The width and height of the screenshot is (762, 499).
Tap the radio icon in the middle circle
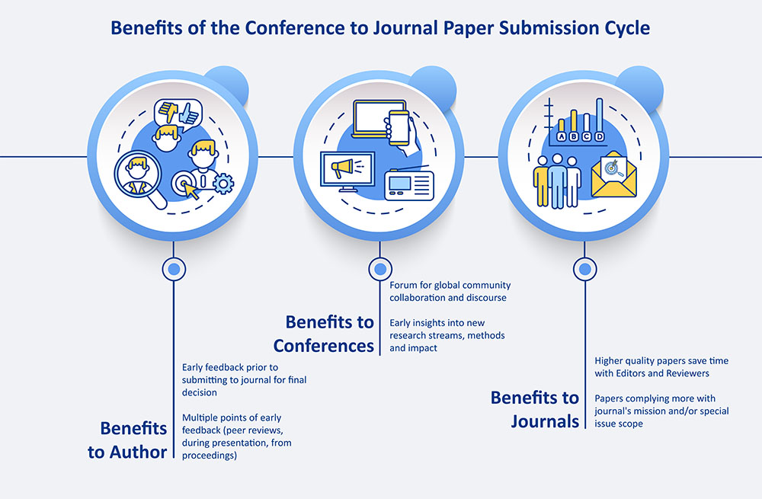pos(409,184)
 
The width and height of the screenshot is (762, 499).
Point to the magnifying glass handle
pos(157,200)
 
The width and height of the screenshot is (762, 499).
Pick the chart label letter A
pos(562,137)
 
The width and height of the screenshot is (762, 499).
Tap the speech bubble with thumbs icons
pos(176,114)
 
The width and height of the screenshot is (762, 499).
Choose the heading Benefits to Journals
pos(535,408)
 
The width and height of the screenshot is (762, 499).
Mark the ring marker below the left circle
pos(174,269)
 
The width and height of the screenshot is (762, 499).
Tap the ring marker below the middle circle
pos(379,269)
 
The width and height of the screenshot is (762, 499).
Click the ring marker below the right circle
pos(584,269)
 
